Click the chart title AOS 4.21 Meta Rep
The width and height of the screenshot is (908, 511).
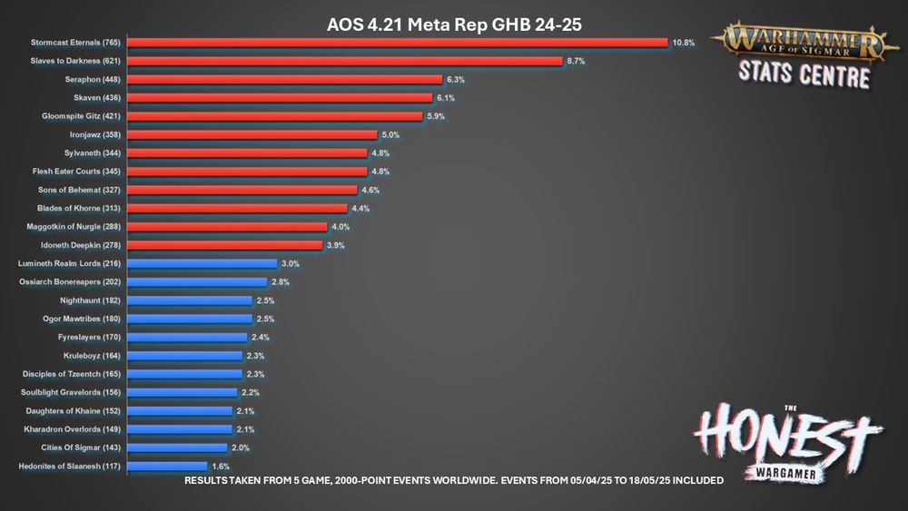point(453,24)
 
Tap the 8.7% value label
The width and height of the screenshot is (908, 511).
point(575,61)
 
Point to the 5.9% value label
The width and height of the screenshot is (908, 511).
point(435,116)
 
